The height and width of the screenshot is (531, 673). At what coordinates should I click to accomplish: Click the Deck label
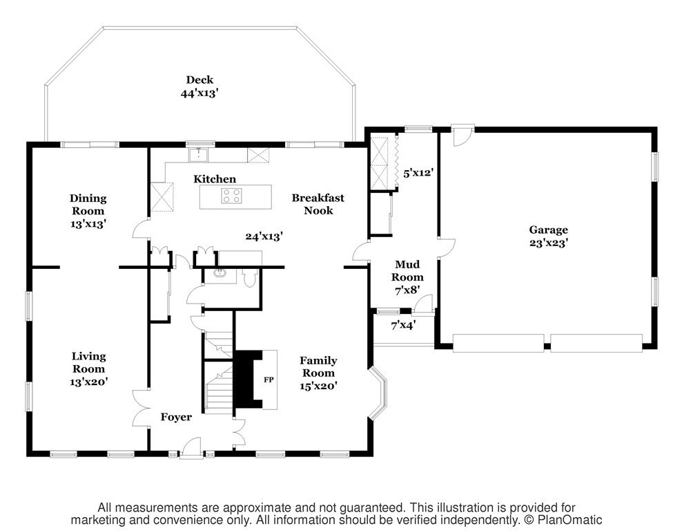coord(199,80)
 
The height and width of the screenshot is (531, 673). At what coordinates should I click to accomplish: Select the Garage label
coord(548,230)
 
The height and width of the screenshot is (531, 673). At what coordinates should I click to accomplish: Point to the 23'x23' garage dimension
coord(549,243)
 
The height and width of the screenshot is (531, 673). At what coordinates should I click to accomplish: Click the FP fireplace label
coord(269,380)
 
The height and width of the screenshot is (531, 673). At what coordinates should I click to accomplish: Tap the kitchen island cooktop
coord(231,196)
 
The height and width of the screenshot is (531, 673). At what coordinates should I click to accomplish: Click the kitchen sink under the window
coord(199,155)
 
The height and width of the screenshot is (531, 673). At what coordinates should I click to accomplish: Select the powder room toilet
coord(249,278)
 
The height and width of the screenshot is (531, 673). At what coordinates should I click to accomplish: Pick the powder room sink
coord(220,274)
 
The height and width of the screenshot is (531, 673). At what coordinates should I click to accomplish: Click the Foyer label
coord(176,417)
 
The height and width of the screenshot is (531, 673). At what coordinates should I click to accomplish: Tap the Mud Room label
coord(407,270)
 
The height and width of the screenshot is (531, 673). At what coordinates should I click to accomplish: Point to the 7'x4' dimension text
coord(402,326)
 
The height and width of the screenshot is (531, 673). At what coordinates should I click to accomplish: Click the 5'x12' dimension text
coord(418,174)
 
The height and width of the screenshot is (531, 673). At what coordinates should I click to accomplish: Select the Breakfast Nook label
coord(318,204)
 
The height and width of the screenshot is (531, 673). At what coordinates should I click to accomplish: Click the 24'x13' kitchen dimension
coord(264,236)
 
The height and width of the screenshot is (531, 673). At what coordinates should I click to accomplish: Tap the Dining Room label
coord(88,204)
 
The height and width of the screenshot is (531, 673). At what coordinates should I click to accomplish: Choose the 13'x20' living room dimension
coord(88,382)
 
